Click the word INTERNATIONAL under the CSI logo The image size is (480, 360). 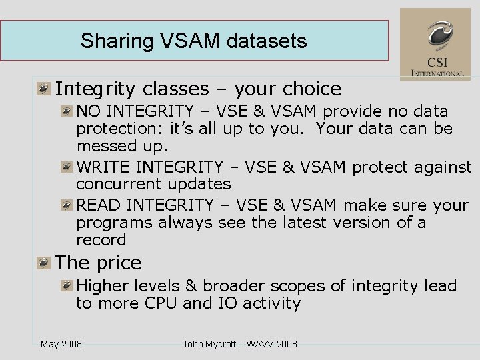437,73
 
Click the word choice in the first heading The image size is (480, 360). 311,89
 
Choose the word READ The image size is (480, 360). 99,205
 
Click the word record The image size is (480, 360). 101,240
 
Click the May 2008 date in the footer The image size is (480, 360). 61,344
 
